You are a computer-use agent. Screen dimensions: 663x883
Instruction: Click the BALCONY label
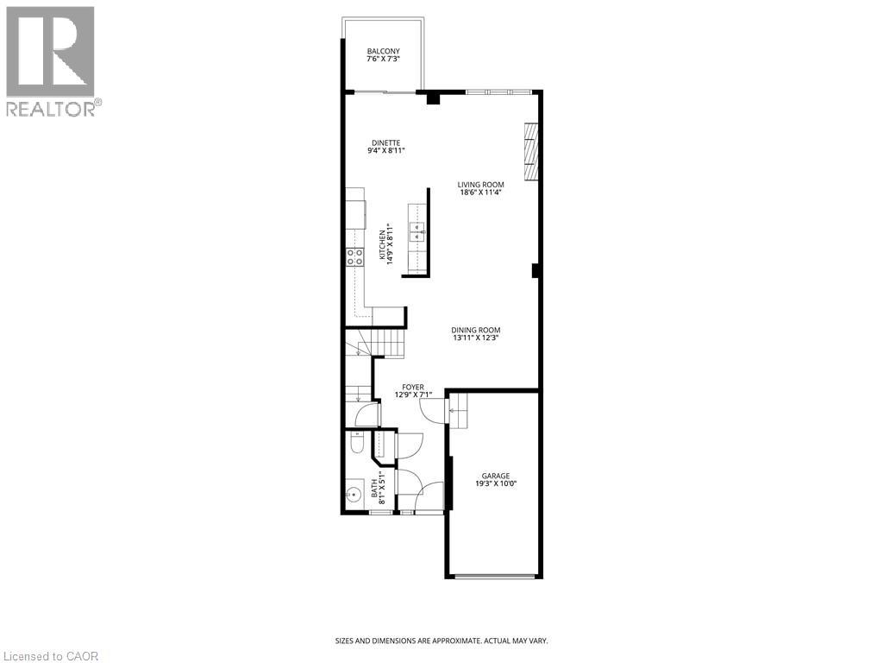pos(383,52)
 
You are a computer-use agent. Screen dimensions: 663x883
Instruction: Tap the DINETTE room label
pos(385,142)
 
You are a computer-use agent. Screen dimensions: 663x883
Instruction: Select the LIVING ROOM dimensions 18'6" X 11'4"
pos(481,193)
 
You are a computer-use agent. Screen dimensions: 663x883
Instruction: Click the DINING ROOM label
pos(476,330)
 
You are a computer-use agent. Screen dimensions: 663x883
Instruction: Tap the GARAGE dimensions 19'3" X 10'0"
pos(495,484)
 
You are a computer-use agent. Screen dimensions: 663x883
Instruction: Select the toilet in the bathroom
pos(357,443)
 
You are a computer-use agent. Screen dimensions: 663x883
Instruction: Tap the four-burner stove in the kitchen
pos(354,256)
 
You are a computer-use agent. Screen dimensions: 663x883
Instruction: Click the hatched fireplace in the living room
pos(531,151)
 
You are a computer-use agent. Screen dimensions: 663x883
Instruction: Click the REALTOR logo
pos(51,60)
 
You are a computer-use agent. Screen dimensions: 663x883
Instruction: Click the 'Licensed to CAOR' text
pos(50,656)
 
